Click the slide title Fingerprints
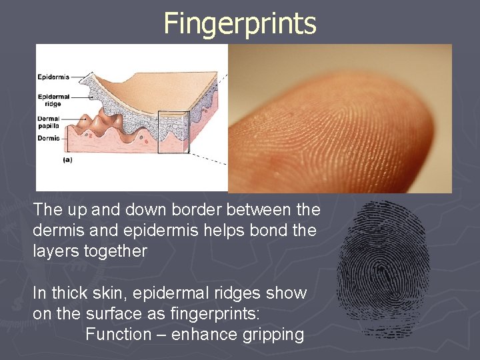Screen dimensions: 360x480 pyautogui.click(x=240, y=23)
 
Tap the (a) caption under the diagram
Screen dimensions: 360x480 pyautogui.click(x=68, y=160)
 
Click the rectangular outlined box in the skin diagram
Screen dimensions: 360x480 pyautogui.click(x=173, y=131)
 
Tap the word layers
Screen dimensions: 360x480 pyautogui.click(x=56, y=251)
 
